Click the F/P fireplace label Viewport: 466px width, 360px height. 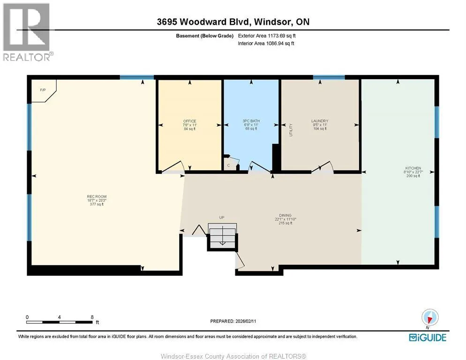point(43,90)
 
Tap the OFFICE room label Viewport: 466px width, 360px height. point(189,121)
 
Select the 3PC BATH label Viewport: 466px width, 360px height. point(251,121)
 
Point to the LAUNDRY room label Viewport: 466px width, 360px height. point(320,121)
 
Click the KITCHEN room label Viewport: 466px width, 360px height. point(413,168)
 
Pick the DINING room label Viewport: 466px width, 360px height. point(286,215)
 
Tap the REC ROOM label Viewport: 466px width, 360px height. point(97,196)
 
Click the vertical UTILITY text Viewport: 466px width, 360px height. point(291,130)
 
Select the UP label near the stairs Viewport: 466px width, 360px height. point(222,217)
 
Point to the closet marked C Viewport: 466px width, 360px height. point(232,164)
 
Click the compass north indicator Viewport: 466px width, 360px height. point(430,318)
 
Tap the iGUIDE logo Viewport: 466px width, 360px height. point(428,337)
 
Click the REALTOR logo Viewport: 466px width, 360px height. point(28,32)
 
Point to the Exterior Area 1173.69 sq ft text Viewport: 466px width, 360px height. point(267,36)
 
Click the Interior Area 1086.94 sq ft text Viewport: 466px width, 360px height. point(266,44)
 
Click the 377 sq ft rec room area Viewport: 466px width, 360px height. point(97,204)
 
